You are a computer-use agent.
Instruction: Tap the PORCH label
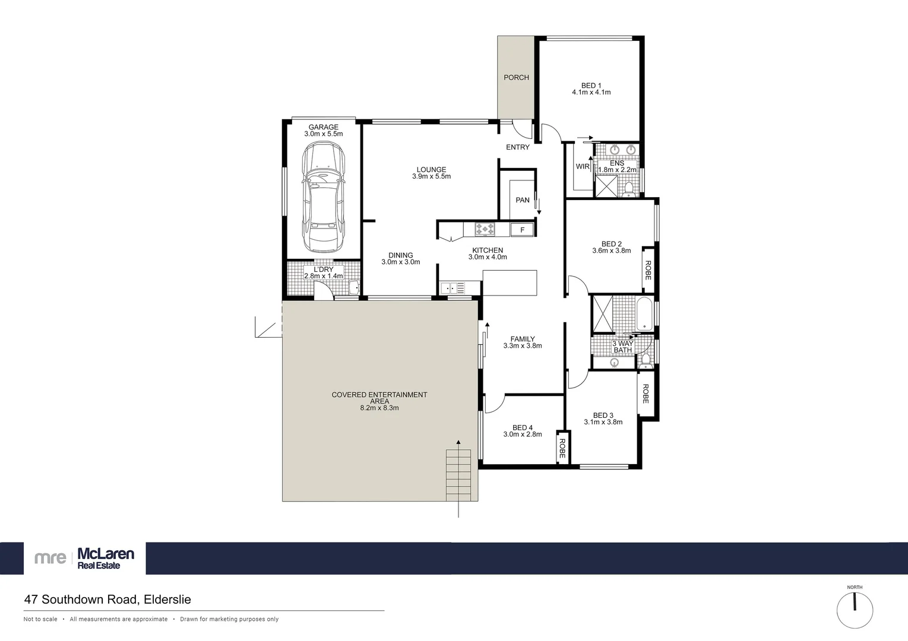516,77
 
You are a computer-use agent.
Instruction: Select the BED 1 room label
591,85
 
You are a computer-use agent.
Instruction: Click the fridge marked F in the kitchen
522,230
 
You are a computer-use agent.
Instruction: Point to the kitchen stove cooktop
484,229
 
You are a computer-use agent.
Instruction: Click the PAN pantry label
523,200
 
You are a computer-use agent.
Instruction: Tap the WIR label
582,167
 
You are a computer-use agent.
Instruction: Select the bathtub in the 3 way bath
644,315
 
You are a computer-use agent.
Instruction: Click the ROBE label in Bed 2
648,270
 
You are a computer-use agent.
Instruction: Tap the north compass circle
855,610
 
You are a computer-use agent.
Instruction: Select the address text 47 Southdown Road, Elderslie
107,599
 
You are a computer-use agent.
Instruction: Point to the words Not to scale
40,619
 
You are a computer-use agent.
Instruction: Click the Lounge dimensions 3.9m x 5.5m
431,176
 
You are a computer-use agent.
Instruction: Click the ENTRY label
517,147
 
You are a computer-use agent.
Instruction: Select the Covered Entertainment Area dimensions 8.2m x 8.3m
379,408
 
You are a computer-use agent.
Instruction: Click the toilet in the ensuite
629,189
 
